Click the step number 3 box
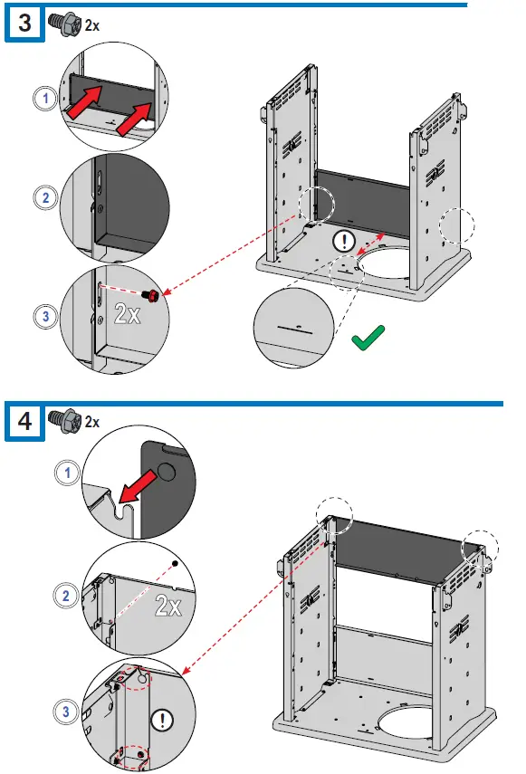[x=24, y=24]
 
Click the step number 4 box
[x=24, y=421]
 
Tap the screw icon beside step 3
[x=64, y=24]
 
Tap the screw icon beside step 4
[x=64, y=421]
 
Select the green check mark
[x=368, y=338]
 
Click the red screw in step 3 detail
[x=151, y=295]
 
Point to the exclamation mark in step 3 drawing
[x=344, y=242]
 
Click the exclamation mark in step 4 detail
[x=161, y=721]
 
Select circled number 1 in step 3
[x=45, y=98]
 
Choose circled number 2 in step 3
[x=45, y=198]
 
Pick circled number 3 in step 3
[x=45, y=316]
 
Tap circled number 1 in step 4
[x=67, y=473]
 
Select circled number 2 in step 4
[x=65, y=596]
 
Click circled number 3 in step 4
[x=65, y=712]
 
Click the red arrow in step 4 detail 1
[x=139, y=486]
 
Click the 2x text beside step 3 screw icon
[x=91, y=25]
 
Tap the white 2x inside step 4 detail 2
[x=168, y=605]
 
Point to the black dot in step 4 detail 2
[x=174, y=563]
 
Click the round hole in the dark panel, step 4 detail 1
[x=167, y=472]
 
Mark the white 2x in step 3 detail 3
[x=128, y=313]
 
